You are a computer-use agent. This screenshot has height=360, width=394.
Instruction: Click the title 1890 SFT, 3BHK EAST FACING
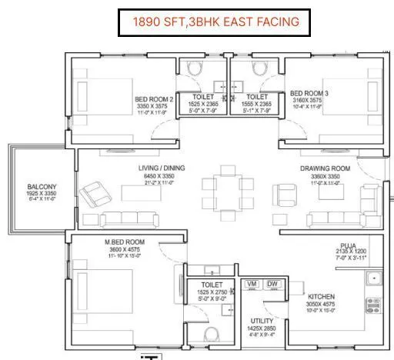[208, 22]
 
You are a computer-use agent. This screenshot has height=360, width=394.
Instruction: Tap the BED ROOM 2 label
[154, 99]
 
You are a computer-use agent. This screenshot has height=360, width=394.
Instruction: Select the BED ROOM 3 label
[309, 93]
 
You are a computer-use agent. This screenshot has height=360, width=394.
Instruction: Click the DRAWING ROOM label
[325, 168]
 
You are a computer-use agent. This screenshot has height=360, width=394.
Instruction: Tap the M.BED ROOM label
[125, 242]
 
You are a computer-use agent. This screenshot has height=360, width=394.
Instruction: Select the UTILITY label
[258, 320]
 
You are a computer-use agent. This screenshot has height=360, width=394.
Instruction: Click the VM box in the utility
[251, 285]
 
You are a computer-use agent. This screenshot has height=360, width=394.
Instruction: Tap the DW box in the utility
[271, 285]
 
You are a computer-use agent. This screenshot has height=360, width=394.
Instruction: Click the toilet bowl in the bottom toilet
[212, 333]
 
